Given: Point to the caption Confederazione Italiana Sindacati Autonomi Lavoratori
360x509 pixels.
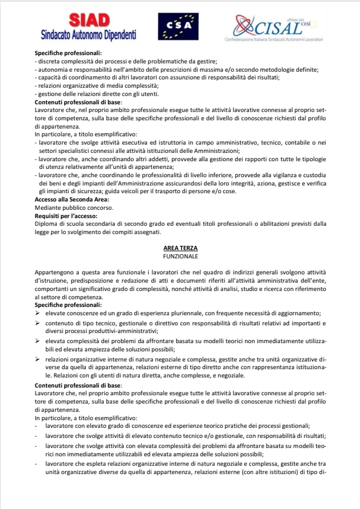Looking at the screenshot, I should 274,38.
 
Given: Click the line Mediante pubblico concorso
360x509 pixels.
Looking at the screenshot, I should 66,207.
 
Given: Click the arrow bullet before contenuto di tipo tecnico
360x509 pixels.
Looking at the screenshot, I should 38,323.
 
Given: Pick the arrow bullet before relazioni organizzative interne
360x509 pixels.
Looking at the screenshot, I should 38,360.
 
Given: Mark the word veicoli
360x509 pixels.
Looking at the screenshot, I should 162,192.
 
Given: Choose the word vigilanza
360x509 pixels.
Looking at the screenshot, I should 284,177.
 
